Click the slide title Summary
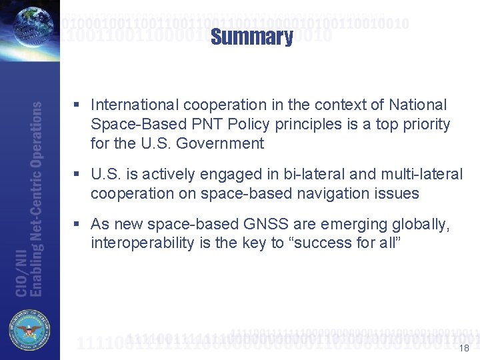tap(251, 37)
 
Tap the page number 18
tap(465, 348)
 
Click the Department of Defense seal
tap(29, 331)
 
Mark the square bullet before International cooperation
tap(78, 105)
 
